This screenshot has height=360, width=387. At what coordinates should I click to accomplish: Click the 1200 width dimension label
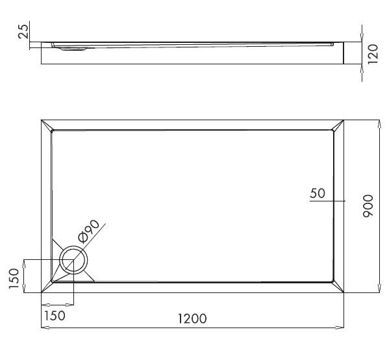(x=192, y=318)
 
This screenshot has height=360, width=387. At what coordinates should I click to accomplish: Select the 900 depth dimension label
(x=368, y=206)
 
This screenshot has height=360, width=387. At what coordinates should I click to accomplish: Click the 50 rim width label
(x=318, y=193)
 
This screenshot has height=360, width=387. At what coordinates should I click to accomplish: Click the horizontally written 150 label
(x=54, y=316)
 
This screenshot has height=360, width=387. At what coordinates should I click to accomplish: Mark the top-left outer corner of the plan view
(x=41, y=120)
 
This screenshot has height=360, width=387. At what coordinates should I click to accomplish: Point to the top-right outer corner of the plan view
(x=343, y=120)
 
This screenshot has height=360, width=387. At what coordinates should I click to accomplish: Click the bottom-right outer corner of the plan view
(x=343, y=292)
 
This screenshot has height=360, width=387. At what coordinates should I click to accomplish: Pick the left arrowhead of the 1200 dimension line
(x=44, y=326)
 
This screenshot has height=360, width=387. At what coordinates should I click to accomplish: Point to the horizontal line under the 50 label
(x=321, y=201)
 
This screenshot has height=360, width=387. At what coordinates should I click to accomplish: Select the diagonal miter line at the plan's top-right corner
(x=338, y=125)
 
